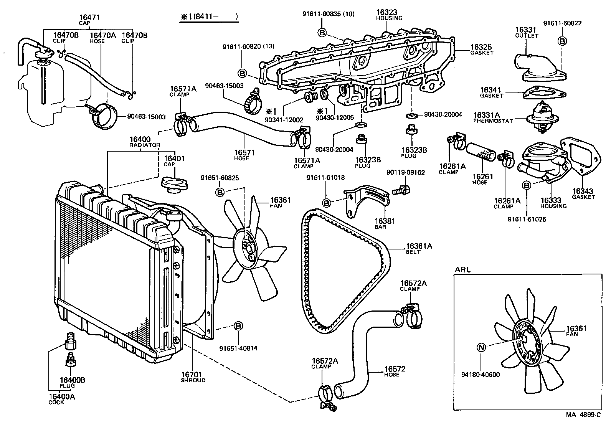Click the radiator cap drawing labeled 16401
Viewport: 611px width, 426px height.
coord(172,183)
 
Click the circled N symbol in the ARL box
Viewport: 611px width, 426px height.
coord(481,348)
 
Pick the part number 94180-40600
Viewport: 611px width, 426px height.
coord(481,374)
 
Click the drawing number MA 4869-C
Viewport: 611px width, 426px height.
coord(583,415)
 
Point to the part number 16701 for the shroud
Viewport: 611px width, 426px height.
coord(192,375)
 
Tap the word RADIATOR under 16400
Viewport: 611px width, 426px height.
coord(144,145)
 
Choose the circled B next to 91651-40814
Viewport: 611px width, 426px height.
coord(238,326)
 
